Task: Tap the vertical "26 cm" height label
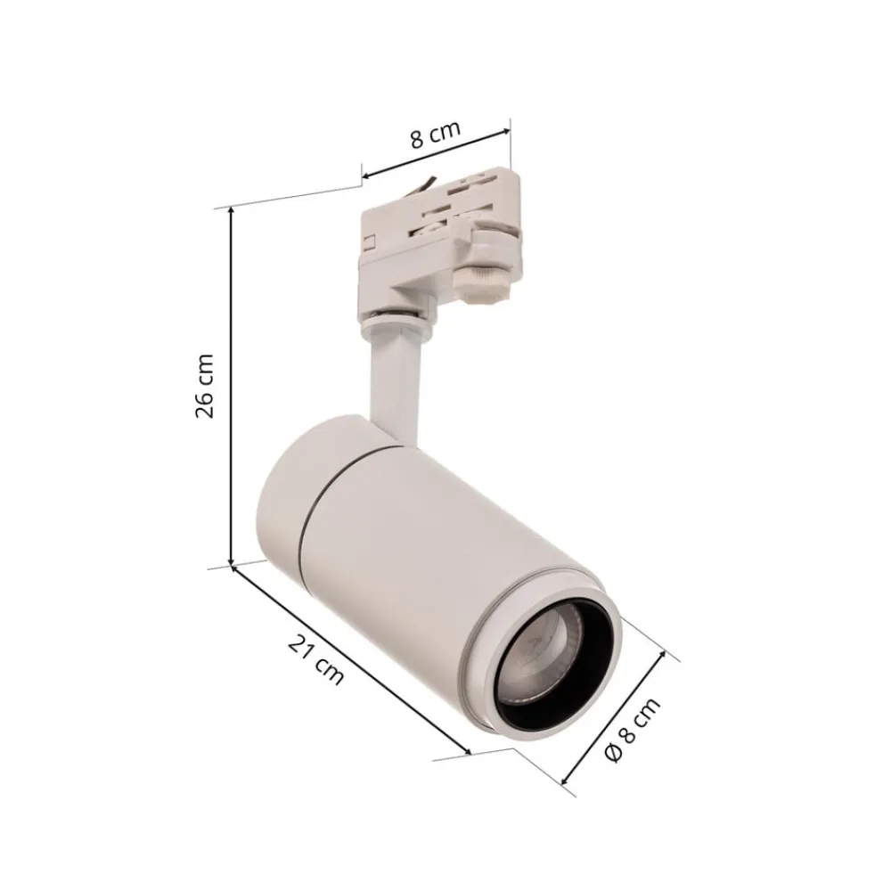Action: click(205, 385)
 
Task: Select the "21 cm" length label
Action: click(315, 661)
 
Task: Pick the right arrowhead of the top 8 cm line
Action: click(508, 131)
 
